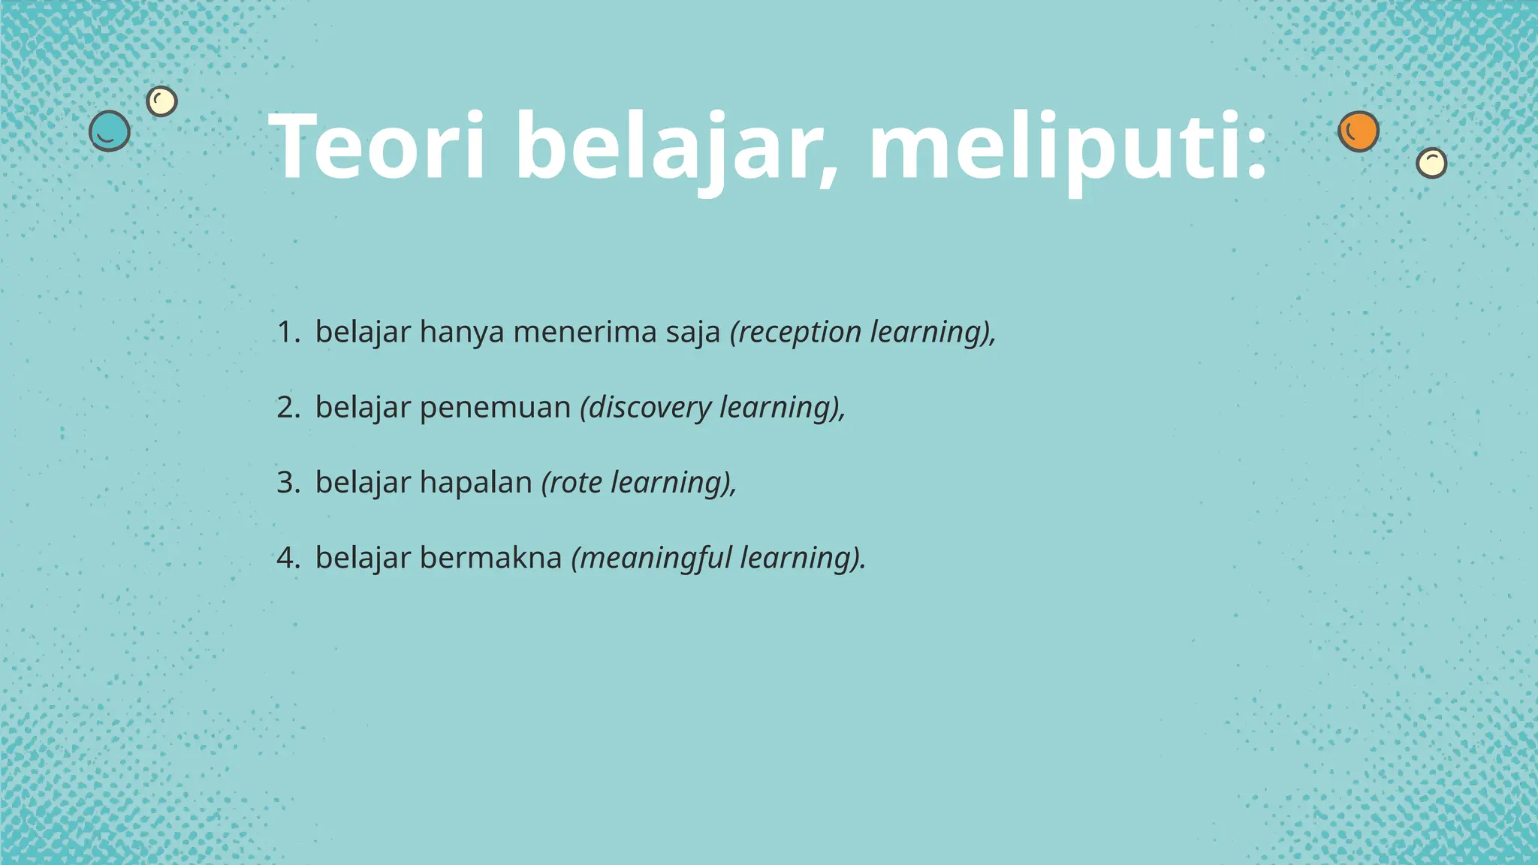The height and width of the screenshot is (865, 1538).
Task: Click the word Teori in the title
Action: click(x=377, y=146)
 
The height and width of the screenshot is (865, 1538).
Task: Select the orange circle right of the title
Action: click(x=1359, y=131)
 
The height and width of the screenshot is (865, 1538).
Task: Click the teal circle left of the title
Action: click(x=110, y=131)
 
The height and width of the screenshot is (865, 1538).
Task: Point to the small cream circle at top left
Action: click(x=161, y=101)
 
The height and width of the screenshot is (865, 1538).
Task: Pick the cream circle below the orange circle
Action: click(x=1431, y=162)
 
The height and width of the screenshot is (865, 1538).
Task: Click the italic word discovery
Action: click(x=647, y=408)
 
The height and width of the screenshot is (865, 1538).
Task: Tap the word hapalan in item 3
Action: click(x=476, y=483)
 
